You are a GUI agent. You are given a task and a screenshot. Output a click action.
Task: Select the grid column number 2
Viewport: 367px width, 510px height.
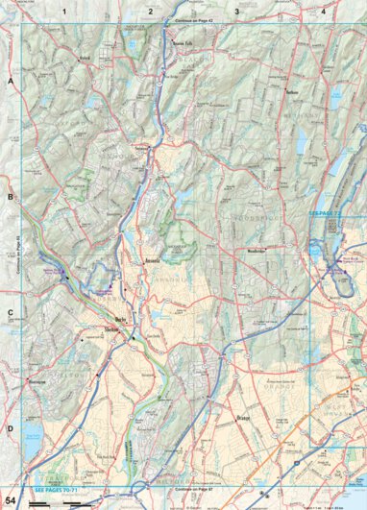pyautogui.click(x=151, y=11)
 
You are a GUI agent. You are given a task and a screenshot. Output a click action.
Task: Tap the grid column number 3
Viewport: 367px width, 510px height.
pyautogui.click(x=236, y=11)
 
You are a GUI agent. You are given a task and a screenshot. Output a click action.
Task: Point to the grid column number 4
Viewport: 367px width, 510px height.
pyautogui.click(x=324, y=11)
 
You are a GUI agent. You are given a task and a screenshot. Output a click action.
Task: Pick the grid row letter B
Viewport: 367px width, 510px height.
pyautogui.click(x=11, y=197)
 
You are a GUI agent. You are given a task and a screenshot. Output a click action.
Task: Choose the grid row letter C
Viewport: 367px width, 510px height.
pyautogui.click(x=11, y=312)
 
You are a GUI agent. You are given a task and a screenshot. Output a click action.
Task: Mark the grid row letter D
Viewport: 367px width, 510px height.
pyautogui.click(x=11, y=428)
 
